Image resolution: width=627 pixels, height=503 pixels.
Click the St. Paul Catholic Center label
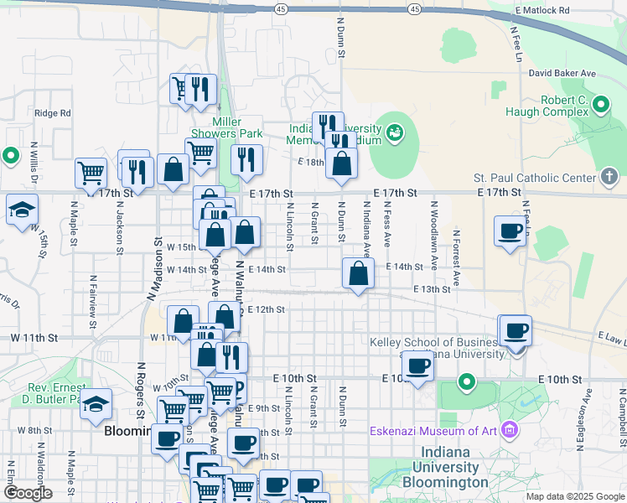click(533, 178)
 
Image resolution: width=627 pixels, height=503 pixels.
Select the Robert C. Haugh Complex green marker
click(601, 106)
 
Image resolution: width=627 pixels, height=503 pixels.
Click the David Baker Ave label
click(562, 74)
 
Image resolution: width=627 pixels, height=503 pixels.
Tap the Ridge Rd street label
click(52, 113)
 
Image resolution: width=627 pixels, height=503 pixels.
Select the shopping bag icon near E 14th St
click(358, 273)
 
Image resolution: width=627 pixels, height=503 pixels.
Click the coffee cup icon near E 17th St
click(510, 231)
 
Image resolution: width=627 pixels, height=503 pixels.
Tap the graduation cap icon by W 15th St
click(22, 210)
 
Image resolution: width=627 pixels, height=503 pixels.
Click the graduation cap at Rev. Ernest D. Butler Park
click(96, 403)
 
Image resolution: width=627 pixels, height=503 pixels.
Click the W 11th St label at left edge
click(34, 337)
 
